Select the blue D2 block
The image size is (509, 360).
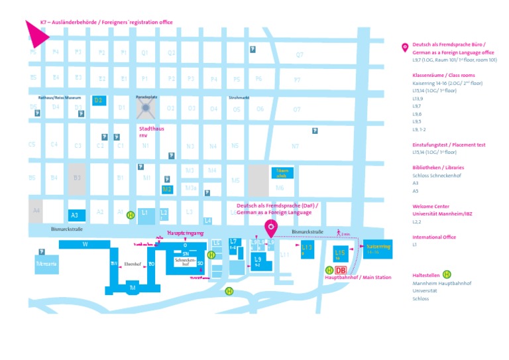(x=98, y=100)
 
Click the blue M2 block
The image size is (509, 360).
(x=167, y=189)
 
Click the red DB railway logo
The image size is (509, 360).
(x=341, y=270)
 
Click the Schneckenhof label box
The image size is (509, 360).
(x=184, y=262)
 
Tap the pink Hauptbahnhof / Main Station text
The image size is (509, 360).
(x=358, y=278)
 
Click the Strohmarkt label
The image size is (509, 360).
(x=239, y=97)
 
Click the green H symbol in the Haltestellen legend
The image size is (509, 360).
(x=447, y=274)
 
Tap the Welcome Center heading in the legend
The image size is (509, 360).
(x=431, y=206)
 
